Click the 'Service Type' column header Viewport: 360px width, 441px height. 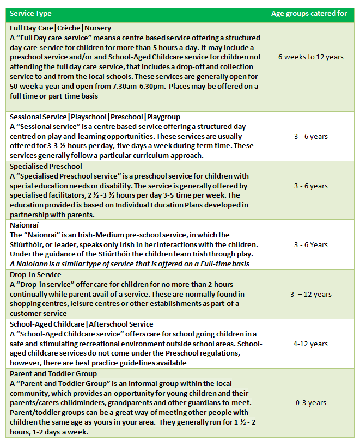coord(29,14)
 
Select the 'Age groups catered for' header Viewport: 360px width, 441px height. coord(309,14)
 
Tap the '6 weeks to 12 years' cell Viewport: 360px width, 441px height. coord(310,57)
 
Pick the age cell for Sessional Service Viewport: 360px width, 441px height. coord(310,136)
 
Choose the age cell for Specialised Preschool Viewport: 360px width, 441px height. coord(310,186)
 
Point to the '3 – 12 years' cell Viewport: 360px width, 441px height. coord(310,294)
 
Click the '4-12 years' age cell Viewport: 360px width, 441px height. coord(310,344)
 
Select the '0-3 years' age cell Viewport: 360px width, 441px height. coord(310,402)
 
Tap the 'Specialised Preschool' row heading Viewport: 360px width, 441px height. coord(46,166)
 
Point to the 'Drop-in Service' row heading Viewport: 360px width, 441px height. coord(35,274)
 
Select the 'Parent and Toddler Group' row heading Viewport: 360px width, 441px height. coord(53,373)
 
